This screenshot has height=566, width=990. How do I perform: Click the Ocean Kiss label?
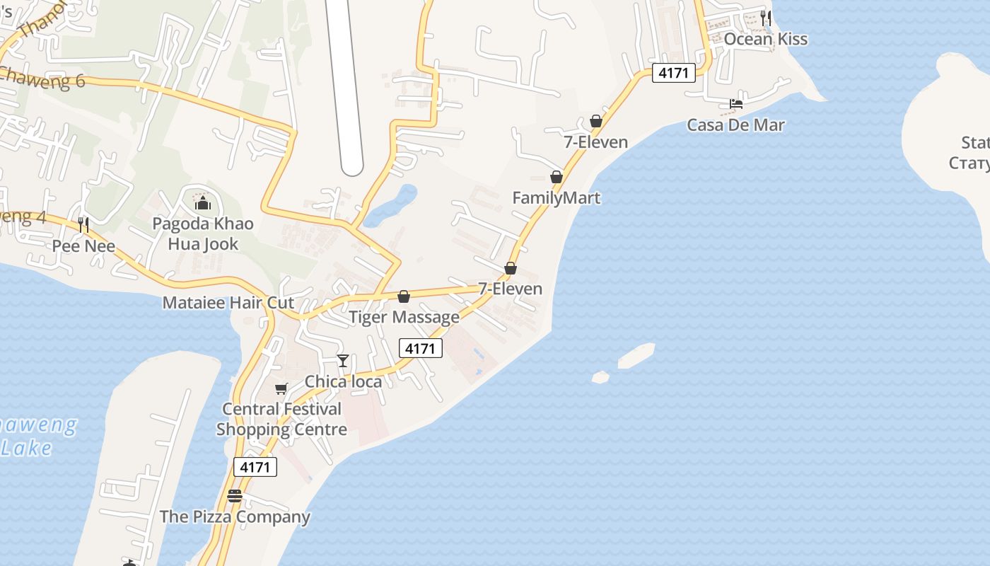pos(765,39)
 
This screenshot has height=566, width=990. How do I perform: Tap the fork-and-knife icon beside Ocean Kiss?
pos(766,17)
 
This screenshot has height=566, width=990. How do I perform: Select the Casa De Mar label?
pos(735,125)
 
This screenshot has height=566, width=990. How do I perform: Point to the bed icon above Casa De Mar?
pos(736,104)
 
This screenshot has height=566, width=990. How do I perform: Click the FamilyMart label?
pos(556,198)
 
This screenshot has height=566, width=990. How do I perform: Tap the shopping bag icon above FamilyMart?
pos(557,177)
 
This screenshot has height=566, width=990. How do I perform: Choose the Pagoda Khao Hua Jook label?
pos(203,234)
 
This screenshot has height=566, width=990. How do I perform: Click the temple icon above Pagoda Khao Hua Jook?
pos(203,204)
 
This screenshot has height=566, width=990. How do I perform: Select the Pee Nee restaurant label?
pos(83,246)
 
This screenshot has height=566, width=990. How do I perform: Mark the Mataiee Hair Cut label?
pos(228,303)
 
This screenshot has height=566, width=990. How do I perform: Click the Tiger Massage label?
pos(404,317)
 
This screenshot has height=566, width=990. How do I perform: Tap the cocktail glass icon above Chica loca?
pos(343,361)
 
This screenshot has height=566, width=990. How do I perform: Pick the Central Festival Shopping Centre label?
pos(281,419)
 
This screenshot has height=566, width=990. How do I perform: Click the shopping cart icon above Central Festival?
pos(281,388)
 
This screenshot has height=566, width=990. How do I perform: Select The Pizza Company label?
pos(235,516)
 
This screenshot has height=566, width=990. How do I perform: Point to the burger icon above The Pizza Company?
pos(235,495)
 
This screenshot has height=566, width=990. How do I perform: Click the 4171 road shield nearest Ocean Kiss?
pos(673,73)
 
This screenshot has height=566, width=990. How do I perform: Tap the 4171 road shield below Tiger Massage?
pos(421,348)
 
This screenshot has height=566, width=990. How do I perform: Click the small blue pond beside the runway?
pos(391,205)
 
